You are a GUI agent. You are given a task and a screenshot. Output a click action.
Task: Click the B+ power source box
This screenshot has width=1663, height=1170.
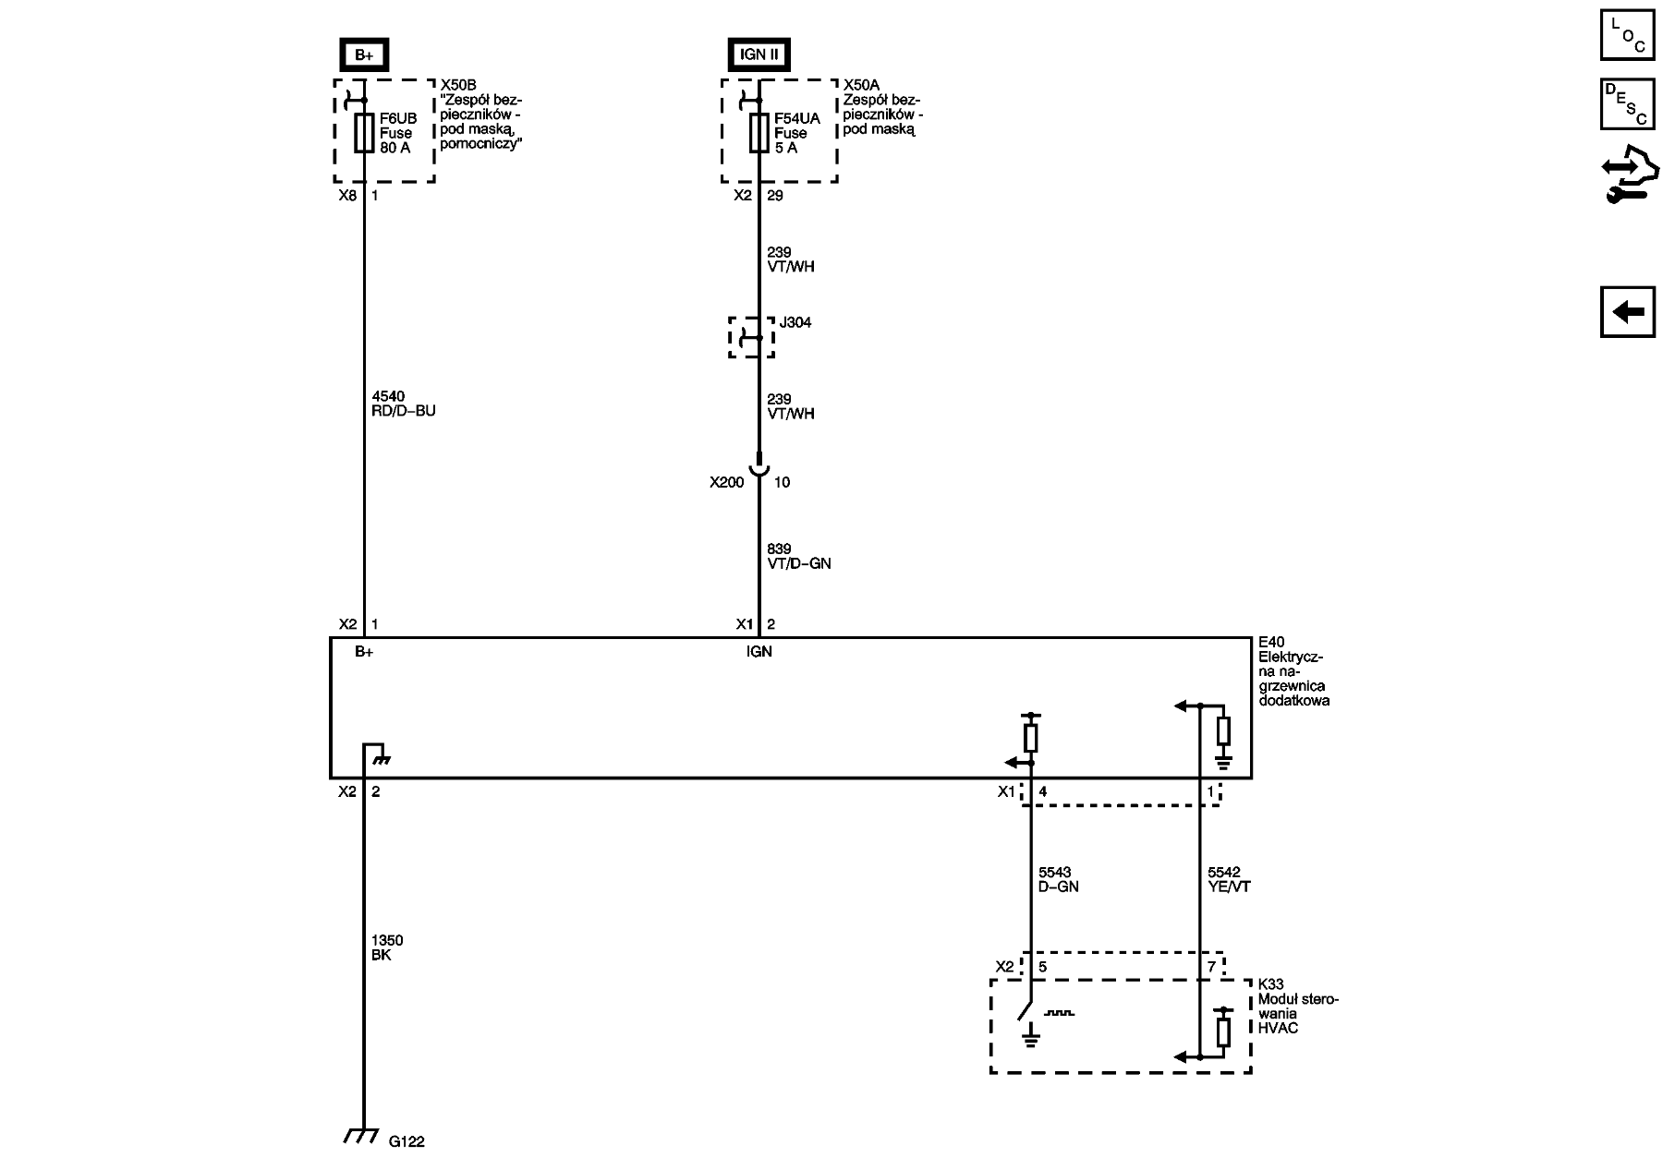(x=364, y=54)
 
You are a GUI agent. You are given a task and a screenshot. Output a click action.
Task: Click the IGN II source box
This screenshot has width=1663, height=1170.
(x=759, y=54)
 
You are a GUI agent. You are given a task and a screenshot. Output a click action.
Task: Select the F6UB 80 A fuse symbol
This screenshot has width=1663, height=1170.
(x=364, y=133)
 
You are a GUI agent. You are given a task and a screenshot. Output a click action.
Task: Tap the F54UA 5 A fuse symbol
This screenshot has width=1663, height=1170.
(x=759, y=133)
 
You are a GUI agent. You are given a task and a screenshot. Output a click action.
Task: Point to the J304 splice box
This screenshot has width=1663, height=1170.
(x=752, y=337)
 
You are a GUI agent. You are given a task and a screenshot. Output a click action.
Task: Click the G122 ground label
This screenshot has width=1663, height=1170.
(x=407, y=1141)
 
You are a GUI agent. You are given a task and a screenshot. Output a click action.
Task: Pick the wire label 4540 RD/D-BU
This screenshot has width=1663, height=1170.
(x=403, y=404)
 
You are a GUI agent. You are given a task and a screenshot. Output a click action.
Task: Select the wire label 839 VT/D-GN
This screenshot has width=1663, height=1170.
(x=799, y=556)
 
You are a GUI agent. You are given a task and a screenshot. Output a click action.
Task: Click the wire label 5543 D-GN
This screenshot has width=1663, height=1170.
(x=1059, y=879)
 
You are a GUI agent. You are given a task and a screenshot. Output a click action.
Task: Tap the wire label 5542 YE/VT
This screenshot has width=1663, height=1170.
(x=1229, y=879)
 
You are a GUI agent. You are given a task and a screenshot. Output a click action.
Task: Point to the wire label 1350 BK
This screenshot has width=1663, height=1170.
(x=387, y=947)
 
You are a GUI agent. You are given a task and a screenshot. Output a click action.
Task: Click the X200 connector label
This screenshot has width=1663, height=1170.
(x=727, y=482)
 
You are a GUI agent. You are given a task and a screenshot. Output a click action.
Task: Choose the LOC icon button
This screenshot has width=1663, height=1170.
(x=1628, y=34)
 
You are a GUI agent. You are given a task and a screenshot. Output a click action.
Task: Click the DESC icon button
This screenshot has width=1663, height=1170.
(x=1628, y=104)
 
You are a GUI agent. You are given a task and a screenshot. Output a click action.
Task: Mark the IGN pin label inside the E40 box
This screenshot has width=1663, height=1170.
(x=759, y=651)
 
